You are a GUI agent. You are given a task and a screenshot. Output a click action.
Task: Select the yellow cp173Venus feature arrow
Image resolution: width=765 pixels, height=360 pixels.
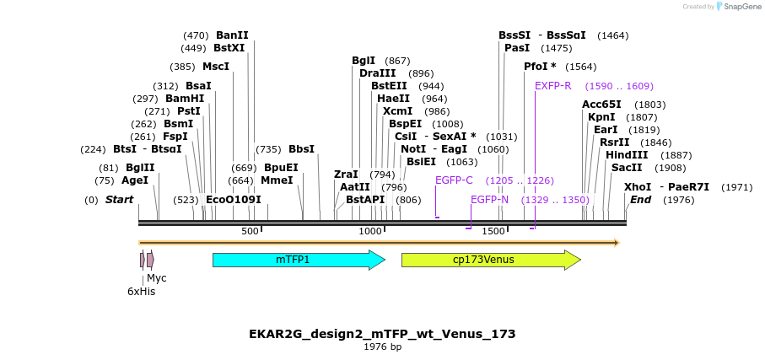click(x=490, y=260)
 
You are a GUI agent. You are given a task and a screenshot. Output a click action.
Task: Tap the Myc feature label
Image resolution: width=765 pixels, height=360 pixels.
click(x=157, y=277)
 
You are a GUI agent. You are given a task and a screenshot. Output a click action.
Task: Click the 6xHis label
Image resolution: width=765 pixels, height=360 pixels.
click(x=141, y=292)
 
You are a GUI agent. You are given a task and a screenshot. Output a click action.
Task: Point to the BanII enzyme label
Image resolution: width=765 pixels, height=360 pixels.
click(x=232, y=35)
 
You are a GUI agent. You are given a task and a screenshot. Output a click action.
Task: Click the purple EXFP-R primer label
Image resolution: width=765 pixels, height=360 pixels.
click(x=552, y=86)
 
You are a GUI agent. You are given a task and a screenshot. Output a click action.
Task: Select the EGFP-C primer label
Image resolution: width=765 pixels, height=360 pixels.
click(x=454, y=180)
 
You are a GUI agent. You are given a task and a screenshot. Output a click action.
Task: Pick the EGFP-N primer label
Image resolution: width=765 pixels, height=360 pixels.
click(x=489, y=200)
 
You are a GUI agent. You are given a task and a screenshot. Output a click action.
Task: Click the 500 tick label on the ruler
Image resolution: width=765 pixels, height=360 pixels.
click(x=251, y=231)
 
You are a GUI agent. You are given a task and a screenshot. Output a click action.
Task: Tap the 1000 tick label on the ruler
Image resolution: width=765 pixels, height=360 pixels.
click(x=370, y=231)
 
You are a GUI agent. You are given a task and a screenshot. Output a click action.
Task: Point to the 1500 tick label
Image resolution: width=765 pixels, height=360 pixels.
click(x=493, y=231)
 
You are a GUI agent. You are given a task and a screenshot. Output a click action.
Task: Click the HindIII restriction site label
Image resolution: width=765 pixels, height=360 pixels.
click(x=627, y=155)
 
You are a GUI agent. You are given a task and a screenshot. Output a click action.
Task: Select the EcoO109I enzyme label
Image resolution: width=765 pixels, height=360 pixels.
click(x=234, y=200)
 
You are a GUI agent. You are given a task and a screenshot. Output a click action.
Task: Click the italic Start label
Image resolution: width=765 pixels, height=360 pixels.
click(x=119, y=200)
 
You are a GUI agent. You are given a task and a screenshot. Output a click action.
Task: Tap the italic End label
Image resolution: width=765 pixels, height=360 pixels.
click(x=640, y=200)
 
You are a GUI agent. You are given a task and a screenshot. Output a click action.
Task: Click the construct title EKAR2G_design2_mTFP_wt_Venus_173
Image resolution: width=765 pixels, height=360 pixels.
click(x=382, y=334)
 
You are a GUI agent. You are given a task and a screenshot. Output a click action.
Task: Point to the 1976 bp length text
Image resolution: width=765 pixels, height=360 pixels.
click(x=382, y=347)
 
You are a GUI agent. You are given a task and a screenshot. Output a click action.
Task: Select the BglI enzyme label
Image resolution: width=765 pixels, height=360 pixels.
click(x=364, y=61)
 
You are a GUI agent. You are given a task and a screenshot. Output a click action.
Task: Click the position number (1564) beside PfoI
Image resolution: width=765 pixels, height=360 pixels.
click(x=580, y=67)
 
